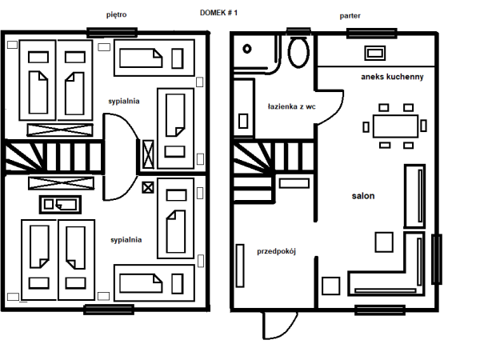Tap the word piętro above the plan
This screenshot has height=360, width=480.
tap(117, 14)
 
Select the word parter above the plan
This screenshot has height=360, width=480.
tap(350, 15)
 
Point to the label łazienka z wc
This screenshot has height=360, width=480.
tap(291, 106)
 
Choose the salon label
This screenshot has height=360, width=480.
tap(363, 195)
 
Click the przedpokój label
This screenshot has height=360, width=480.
tap(277, 250)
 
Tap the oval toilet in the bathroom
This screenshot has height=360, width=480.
tap(299, 54)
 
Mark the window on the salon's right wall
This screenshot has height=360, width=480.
tap(436, 258)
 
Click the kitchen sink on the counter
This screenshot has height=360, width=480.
tap(374, 53)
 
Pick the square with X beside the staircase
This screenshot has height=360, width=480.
tap(147, 188)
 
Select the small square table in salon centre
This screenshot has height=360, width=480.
tap(385, 241)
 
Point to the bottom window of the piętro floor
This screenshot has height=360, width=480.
tap(109, 309)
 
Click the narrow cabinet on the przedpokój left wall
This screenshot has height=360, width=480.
tap(240, 265)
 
